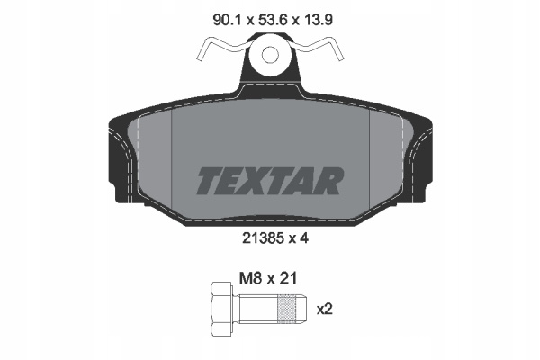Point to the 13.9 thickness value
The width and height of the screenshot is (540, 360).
[319, 20]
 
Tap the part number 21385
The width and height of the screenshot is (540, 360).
[263, 238]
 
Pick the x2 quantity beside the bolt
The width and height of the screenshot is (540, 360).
[324, 310]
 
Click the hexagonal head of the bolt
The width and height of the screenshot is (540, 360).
[222, 309]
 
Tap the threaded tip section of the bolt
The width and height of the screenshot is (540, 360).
[292, 309]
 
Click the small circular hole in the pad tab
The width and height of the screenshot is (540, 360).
[270, 55]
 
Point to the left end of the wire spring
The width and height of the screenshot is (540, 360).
[200, 57]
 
